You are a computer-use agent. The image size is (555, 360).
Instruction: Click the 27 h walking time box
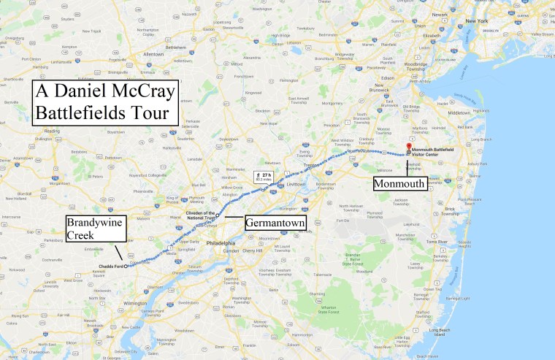(x=262, y=176)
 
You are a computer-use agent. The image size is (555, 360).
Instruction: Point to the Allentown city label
(x=154, y=54)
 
